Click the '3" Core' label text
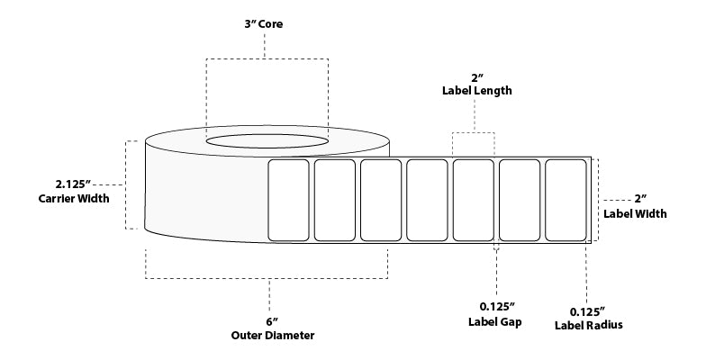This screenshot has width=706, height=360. (x=266, y=24)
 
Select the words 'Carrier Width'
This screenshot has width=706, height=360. (x=75, y=199)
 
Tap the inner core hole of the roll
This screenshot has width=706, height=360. (x=267, y=140)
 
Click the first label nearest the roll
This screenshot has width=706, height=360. (x=289, y=200)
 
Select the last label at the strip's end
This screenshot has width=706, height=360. (x=566, y=200)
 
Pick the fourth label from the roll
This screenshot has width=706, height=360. (x=427, y=200)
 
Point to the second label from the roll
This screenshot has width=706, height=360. (x=335, y=200)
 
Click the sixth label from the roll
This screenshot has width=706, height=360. (x=520, y=200)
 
